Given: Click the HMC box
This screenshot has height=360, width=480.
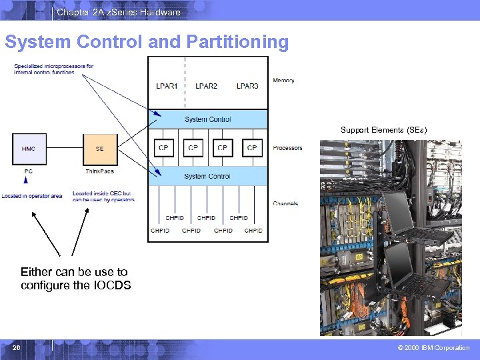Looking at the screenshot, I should click(x=29, y=149).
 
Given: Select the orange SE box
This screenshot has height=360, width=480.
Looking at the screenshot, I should click(x=99, y=149).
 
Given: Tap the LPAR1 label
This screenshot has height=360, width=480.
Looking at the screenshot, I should click(x=167, y=86).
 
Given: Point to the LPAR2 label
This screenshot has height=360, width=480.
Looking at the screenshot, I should click(x=206, y=86).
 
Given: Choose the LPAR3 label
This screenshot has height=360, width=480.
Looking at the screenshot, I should click(x=247, y=86).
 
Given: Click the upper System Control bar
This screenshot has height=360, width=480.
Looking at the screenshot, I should click(x=208, y=119).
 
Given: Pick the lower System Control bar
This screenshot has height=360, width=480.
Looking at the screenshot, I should click(x=208, y=176).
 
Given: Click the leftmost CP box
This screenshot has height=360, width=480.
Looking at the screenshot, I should click(x=164, y=148).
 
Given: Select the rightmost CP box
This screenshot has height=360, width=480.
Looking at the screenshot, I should click(x=252, y=148).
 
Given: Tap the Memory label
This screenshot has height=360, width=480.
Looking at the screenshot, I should click(x=283, y=81).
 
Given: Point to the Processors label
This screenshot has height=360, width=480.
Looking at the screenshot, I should click(x=287, y=148).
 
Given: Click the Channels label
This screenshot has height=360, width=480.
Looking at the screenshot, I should click(x=285, y=203).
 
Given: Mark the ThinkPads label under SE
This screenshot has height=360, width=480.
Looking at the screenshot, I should click(x=99, y=171).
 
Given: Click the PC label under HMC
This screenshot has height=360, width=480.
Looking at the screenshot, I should click(x=28, y=171).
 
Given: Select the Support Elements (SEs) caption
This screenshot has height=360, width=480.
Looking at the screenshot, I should click(x=383, y=130).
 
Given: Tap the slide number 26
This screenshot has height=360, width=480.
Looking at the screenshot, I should click(x=16, y=347).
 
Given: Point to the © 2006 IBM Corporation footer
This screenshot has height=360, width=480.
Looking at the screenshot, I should click(x=433, y=348).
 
